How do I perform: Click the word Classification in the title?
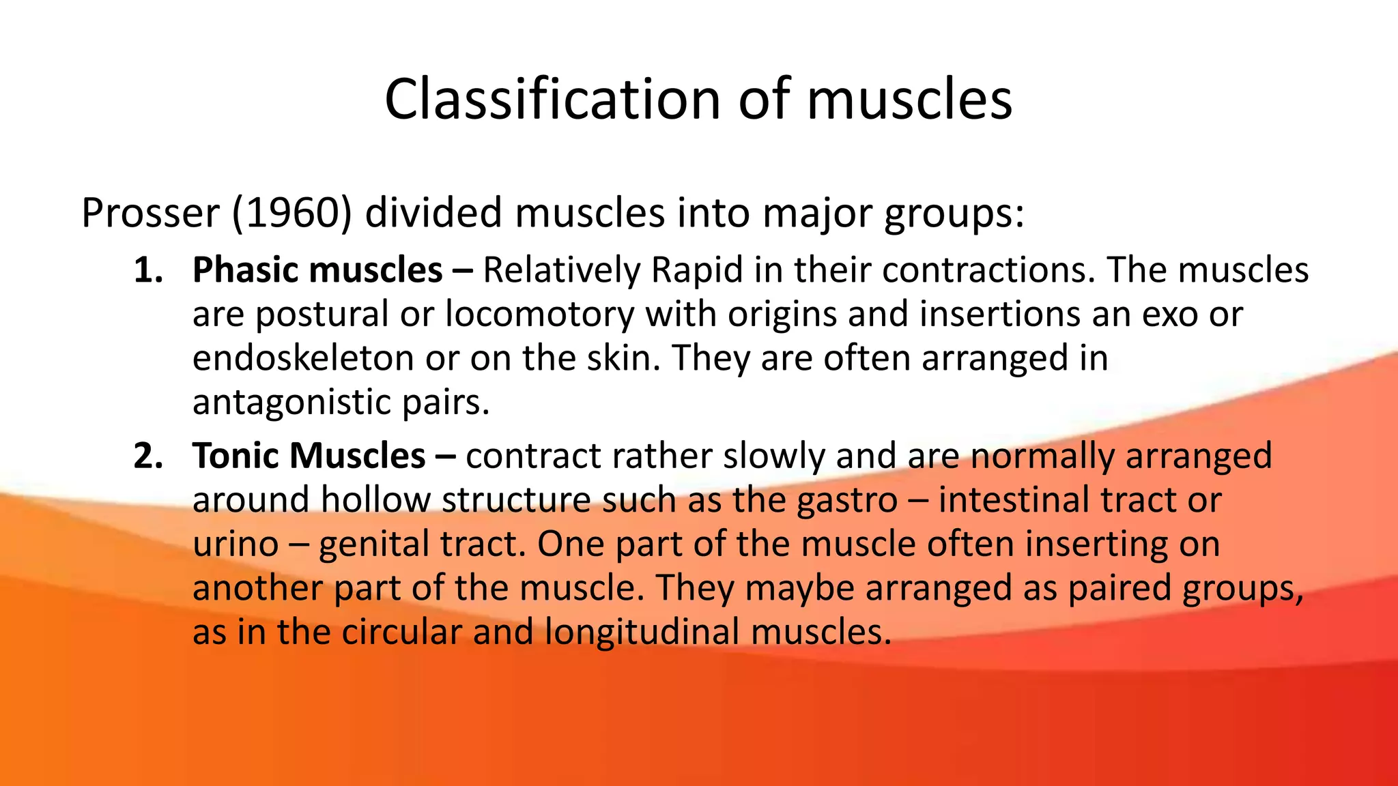552,99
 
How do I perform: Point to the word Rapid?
696,270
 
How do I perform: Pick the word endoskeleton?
303,358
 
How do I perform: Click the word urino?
236,544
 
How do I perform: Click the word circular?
401,632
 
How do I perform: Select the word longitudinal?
642,632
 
